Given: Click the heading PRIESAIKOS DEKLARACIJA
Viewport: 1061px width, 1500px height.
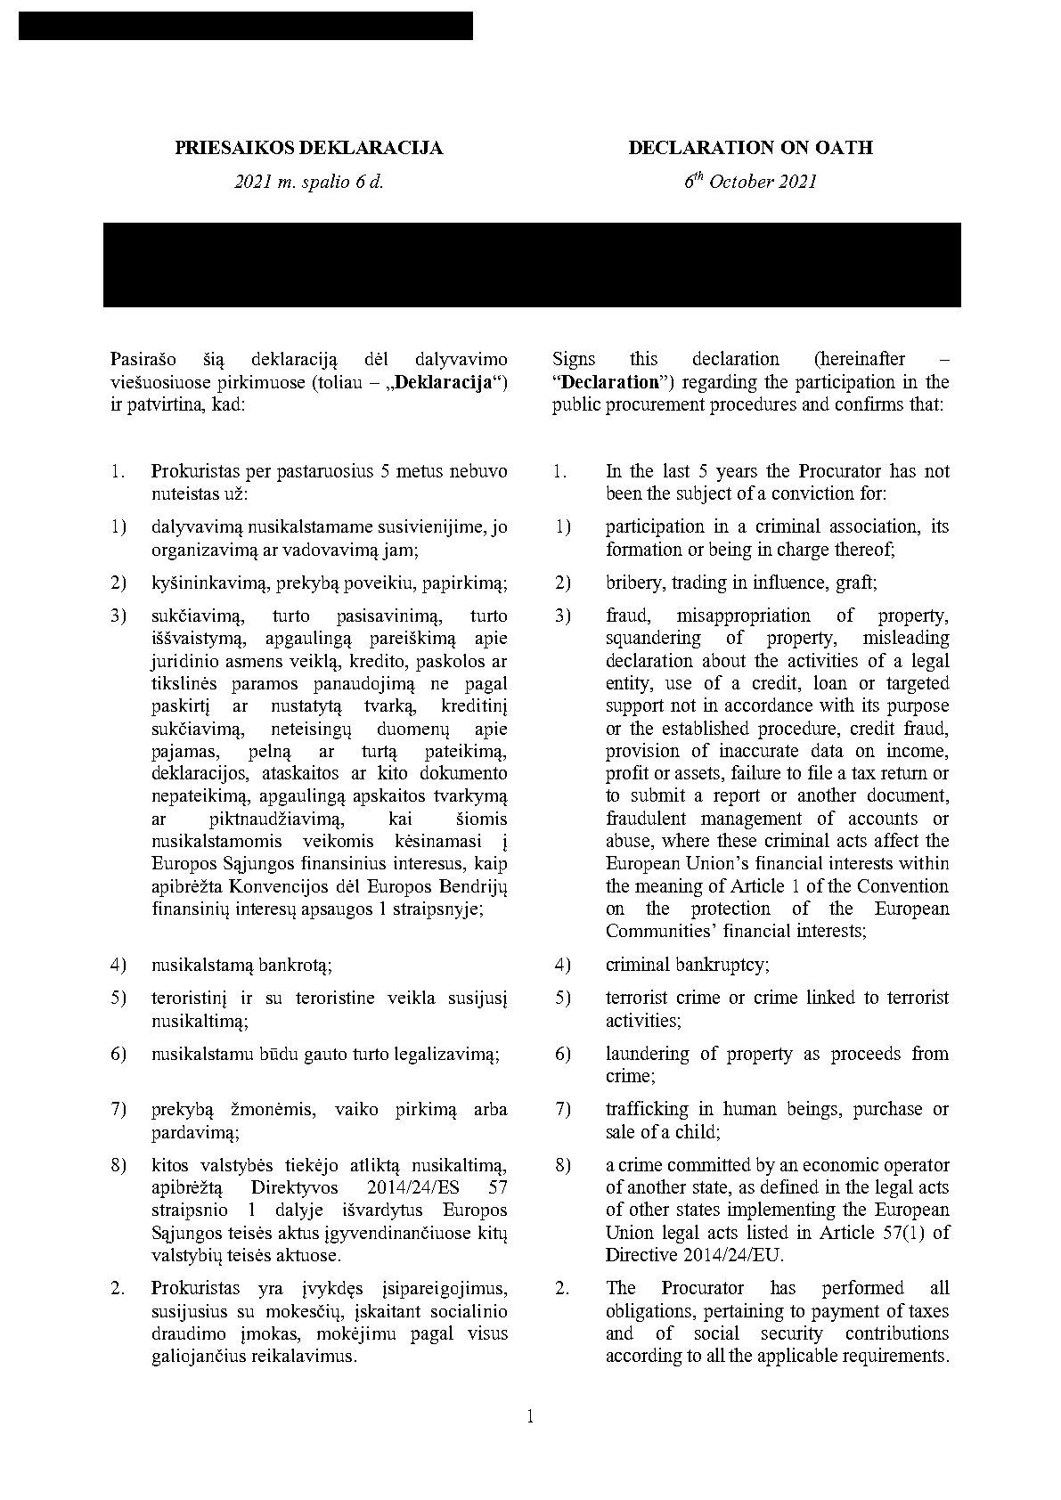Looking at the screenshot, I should (308, 148).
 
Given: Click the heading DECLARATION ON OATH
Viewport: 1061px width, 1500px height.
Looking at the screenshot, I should (750, 148).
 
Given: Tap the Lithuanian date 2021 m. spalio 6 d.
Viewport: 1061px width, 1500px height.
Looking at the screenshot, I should (308, 183).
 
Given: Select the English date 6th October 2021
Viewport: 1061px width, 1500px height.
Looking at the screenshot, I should (750, 182).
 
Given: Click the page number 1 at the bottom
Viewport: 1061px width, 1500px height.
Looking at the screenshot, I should (531, 1416).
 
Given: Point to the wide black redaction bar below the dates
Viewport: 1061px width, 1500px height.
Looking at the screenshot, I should (532, 265).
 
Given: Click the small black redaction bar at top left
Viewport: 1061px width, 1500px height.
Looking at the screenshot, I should (245, 26).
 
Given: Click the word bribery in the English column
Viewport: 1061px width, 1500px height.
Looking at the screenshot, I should (633, 583).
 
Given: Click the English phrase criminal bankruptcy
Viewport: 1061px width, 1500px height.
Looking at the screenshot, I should (687, 965).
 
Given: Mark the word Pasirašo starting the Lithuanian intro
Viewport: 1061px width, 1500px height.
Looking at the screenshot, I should (143, 360).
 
